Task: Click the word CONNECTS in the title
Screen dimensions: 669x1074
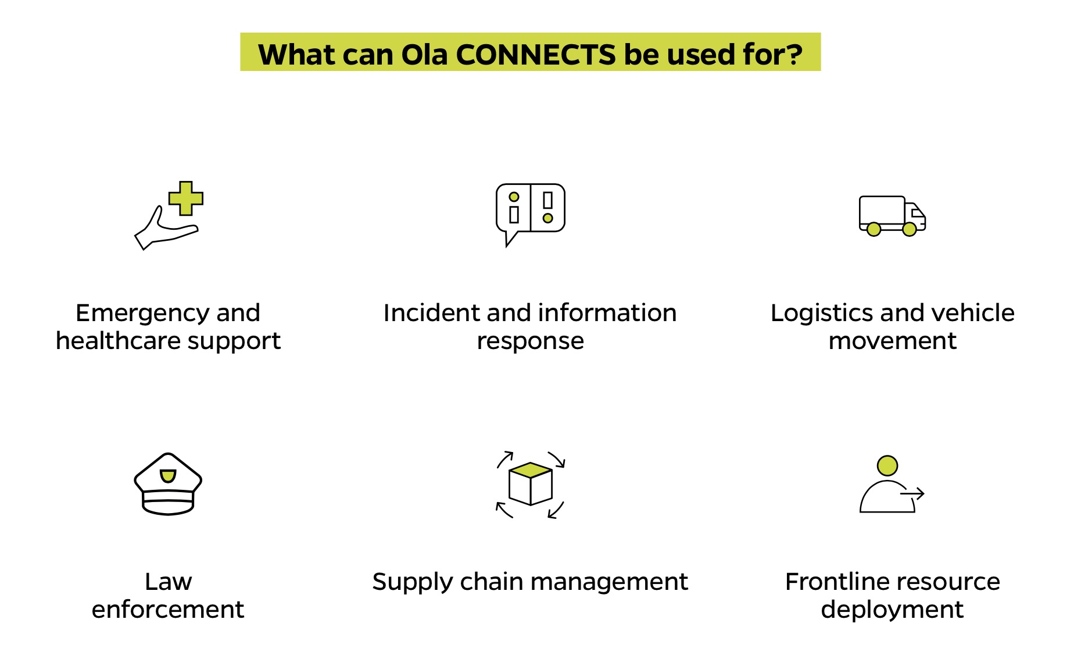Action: (x=535, y=55)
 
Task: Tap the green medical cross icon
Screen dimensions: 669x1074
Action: (x=186, y=198)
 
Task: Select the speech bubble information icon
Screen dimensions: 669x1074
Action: (x=530, y=211)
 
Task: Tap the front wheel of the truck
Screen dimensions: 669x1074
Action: (x=910, y=229)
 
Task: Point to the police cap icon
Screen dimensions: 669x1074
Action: (x=168, y=484)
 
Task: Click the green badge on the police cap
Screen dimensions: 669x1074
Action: (x=168, y=476)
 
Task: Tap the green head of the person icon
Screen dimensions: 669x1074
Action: (x=887, y=465)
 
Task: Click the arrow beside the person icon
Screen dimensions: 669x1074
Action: (x=912, y=494)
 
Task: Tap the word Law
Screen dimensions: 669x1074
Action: (x=168, y=582)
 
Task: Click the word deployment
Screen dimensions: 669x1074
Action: (x=892, y=610)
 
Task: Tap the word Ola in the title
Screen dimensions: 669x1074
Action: (x=424, y=55)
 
